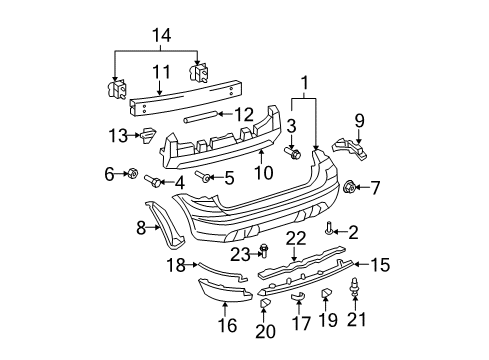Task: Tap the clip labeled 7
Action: point(350,186)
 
